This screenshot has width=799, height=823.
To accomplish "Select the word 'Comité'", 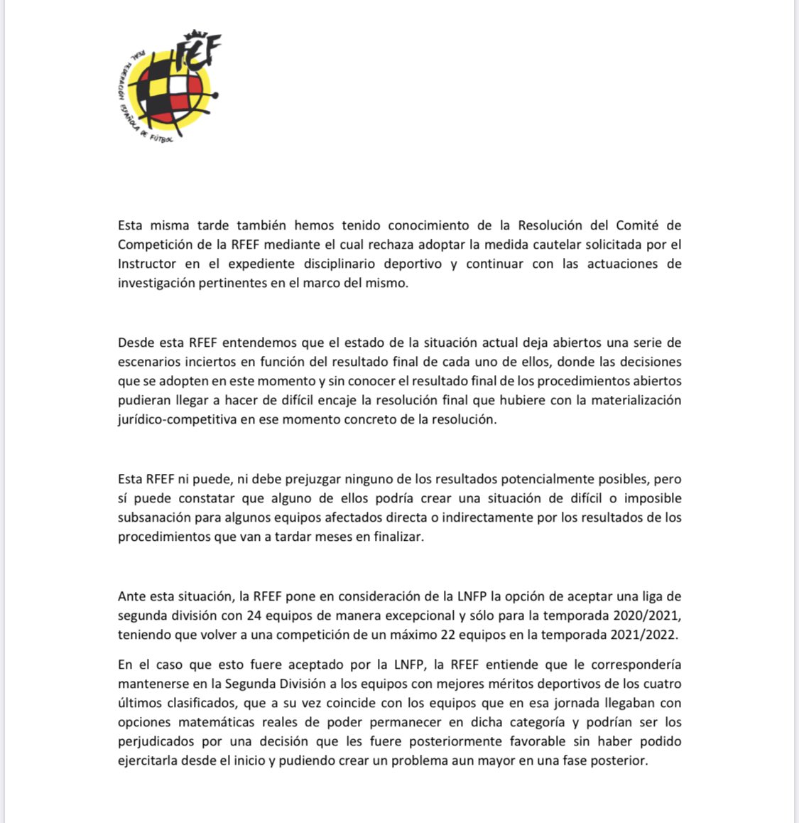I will click(x=658, y=225).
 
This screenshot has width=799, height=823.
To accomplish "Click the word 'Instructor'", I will click(x=147, y=264).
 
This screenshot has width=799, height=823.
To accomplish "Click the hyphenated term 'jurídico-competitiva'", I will click(x=178, y=419).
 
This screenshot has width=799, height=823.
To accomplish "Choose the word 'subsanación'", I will click(x=153, y=517).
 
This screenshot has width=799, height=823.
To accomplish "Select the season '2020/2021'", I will click(x=650, y=615).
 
